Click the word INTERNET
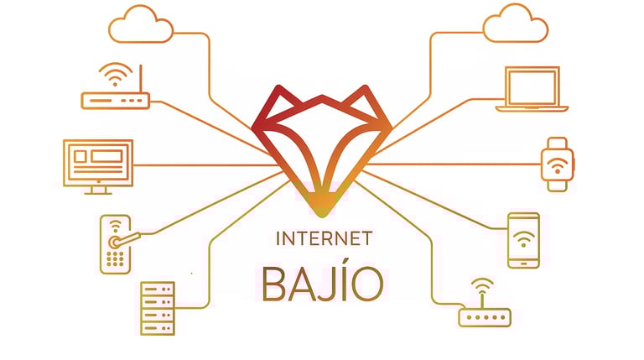tap(324, 238)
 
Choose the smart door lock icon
tap(114, 244)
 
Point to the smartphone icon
tap(523, 240)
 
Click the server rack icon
tap(158, 308)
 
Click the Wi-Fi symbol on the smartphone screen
tap(523, 237)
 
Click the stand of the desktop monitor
tap(97, 189)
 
